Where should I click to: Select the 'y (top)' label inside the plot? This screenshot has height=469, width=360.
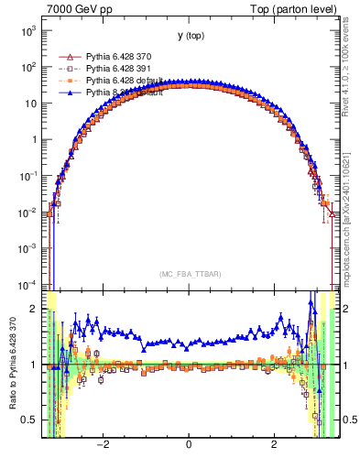(191, 36)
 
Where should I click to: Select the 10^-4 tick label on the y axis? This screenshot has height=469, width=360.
(28, 284)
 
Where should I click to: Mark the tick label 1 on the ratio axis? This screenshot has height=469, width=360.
(35, 365)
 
